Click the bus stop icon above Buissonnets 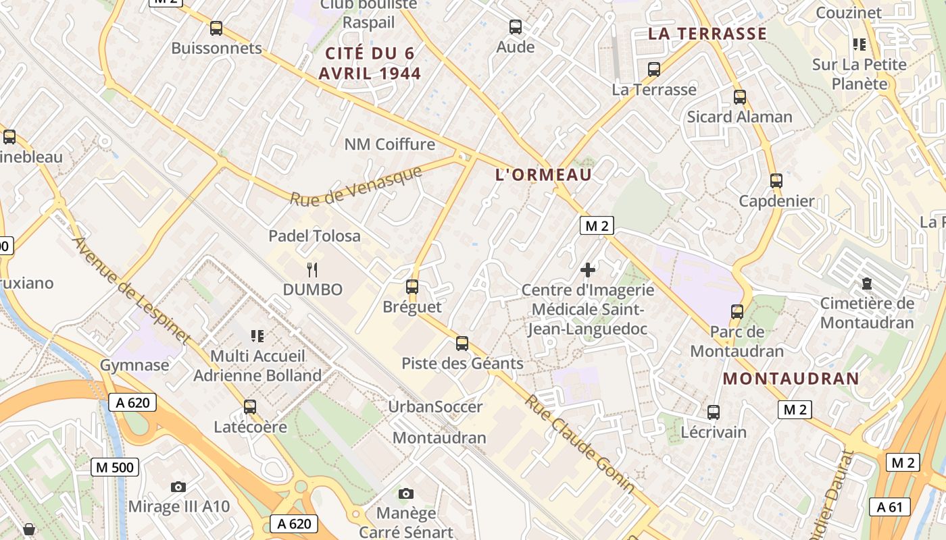click(216, 28)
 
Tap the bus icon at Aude click(516, 27)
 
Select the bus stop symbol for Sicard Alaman click(740, 97)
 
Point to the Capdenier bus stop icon click(776, 181)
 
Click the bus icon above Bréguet click(412, 287)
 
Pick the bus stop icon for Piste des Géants click(462, 344)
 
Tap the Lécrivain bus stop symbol click(714, 412)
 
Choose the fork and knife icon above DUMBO click(312, 270)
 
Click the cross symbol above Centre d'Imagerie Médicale click(588, 270)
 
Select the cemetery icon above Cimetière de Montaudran click(867, 283)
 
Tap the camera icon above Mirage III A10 click(178, 487)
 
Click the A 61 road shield click(889, 507)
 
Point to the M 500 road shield click(115, 466)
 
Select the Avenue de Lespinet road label click(131, 290)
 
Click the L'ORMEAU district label click(543, 175)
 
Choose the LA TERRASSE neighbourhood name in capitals click(707, 34)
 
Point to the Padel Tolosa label click(314, 236)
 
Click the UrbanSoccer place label click(435, 407)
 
